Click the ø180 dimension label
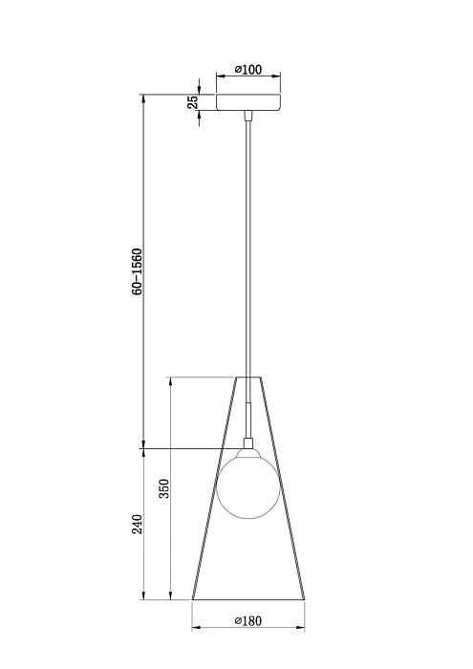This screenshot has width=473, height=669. tap(249, 621)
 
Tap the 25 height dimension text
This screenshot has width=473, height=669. tap(193, 102)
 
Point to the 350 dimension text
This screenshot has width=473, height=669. tap(163, 488)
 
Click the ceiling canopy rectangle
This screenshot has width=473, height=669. tap(248, 102)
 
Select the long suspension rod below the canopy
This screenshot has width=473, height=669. tap(248, 248)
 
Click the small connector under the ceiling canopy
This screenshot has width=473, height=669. tap(248, 116)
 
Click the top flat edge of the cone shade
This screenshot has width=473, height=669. tap(248, 378)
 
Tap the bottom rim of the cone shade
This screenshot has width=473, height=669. tap(248, 601)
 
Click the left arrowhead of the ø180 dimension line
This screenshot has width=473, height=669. tap(196, 628)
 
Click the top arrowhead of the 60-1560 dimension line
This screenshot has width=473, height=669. tap(142, 97)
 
